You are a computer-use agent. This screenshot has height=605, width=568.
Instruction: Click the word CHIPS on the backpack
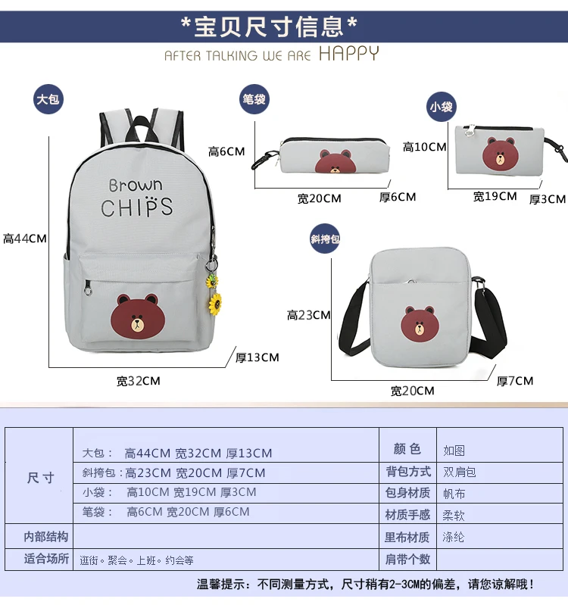click(137, 207)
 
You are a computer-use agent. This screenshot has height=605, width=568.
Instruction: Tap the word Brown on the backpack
click(136, 184)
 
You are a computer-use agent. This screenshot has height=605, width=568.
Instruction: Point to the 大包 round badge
click(48, 99)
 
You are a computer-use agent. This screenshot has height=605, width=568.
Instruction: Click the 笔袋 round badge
click(254, 99)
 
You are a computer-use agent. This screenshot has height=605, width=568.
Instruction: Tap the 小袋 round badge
click(441, 107)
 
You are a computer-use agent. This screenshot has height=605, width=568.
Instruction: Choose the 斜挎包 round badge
click(325, 239)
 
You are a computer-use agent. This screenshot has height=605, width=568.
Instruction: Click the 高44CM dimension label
click(25, 239)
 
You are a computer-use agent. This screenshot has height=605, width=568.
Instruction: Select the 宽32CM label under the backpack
click(138, 381)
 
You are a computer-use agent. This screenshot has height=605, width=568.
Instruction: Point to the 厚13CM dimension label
click(257, 357)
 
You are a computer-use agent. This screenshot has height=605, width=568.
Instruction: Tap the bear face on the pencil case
click(336, 162)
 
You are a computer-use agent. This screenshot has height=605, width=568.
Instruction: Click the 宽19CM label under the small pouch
click(495, 197)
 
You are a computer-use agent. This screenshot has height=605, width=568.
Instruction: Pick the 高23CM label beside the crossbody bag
click(308, 315)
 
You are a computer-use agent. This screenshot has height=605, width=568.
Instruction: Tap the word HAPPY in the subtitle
click(348, 54)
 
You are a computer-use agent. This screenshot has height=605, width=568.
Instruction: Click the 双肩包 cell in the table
click(460, 472)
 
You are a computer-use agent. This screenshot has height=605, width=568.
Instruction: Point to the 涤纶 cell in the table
click(454, 537)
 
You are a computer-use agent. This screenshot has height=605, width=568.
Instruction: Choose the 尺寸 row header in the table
click(41, 479)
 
